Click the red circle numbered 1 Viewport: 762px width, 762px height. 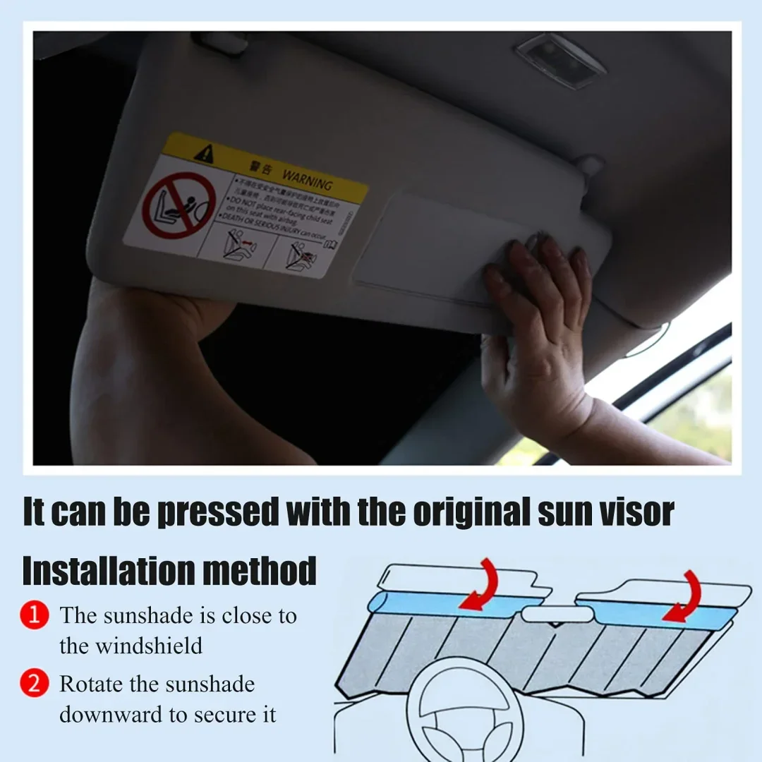pyautogui.click(x=35, y=616)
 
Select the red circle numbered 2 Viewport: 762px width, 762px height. pyautogui.click(x=35, y=684)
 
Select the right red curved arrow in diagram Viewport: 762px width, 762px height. pyautogui.click(x=684, y=596)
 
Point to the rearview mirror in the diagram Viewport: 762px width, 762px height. pyautogui.click(x=557, y=615)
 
